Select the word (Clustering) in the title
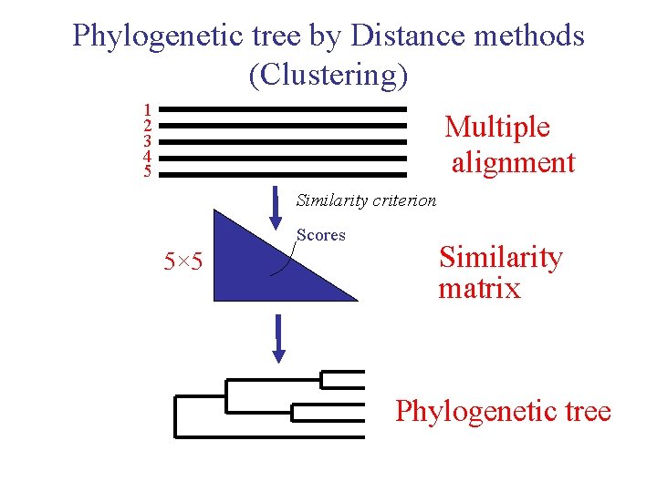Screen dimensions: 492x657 click(328, 76)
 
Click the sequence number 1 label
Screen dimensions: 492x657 click(147, 108)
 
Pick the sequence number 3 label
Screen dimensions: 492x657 click(147, 141)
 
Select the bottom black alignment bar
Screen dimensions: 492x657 click(288, 174)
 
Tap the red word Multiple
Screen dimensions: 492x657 click(497, 128)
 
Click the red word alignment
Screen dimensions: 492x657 click(514, 163)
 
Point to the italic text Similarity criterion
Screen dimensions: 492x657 click(366, 200)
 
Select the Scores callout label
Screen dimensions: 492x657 click(321, 235)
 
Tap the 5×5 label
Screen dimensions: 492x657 click(183, 263)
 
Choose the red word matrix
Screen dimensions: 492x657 click(479, 290)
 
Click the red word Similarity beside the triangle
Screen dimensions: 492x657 click(501, 258)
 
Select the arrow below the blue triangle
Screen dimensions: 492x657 click(279, 338)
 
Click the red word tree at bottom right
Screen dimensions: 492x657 click(585, 412)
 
